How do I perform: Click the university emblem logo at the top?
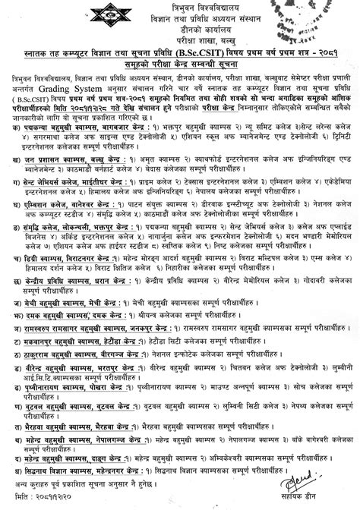(179, 13)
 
